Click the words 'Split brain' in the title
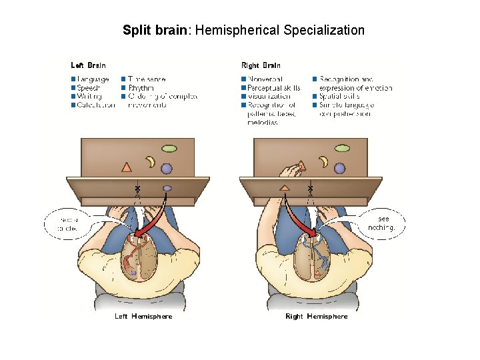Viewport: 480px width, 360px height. [155, 30]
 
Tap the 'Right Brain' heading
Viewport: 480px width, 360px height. [261, 65]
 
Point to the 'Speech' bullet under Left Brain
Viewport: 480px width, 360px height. [89, 87]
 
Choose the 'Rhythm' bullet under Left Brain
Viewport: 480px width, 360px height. [140, 87]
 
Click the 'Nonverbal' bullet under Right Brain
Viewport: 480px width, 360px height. [265, 79]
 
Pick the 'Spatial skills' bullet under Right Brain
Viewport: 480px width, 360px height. [340, 96]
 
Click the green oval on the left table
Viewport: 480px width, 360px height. [171, 147]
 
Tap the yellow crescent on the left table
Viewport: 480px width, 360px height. [151, 161]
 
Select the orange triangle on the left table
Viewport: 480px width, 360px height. [127, 167]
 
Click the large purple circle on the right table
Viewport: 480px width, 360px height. [340, 168]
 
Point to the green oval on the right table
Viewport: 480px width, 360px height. [342, 147]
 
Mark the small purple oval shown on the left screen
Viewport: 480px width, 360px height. [167, 188]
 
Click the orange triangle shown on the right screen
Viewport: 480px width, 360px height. [285, 188]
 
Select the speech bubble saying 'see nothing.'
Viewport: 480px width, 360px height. [381, 223]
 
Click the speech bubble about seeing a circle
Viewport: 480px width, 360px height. [69, 223]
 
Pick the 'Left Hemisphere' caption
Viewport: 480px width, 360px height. [143, 316]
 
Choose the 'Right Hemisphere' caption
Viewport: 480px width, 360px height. [316, 316]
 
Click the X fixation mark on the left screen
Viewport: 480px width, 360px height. [137, 189]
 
